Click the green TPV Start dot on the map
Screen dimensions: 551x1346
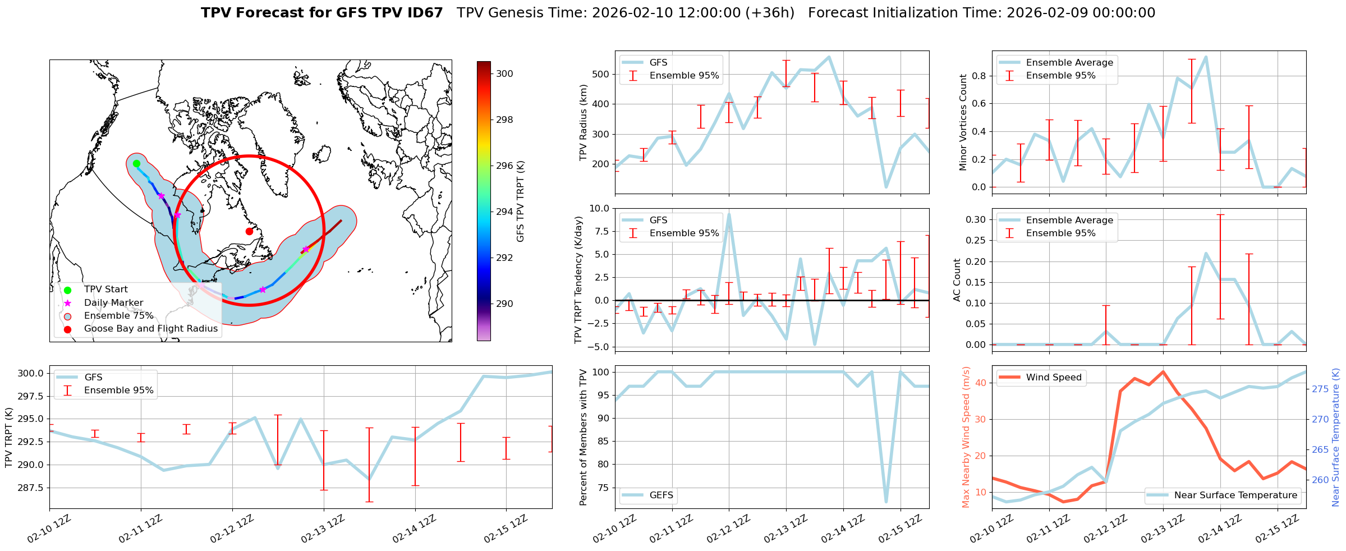tap(136, 164)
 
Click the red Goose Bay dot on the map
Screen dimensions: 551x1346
tap(249, 231)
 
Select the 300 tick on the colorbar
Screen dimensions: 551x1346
tap(504, 74)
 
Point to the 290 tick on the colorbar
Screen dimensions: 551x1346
tap(504, 304)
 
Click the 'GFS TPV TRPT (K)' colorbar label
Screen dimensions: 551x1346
tap(520, 201)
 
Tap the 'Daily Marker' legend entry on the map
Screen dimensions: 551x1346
tap(113, 302)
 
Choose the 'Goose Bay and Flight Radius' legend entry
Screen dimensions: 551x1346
tap(150, 329)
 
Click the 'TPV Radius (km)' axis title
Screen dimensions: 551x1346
tap(583, 122)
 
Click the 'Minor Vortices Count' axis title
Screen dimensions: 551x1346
tap(963, 122)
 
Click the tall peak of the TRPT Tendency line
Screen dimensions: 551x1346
tap(729, 214)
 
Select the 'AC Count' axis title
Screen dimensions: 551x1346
tap(957, 280)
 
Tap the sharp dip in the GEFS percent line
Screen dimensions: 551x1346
tap(886, 501)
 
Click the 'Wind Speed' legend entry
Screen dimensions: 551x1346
tap(1053, 378)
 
